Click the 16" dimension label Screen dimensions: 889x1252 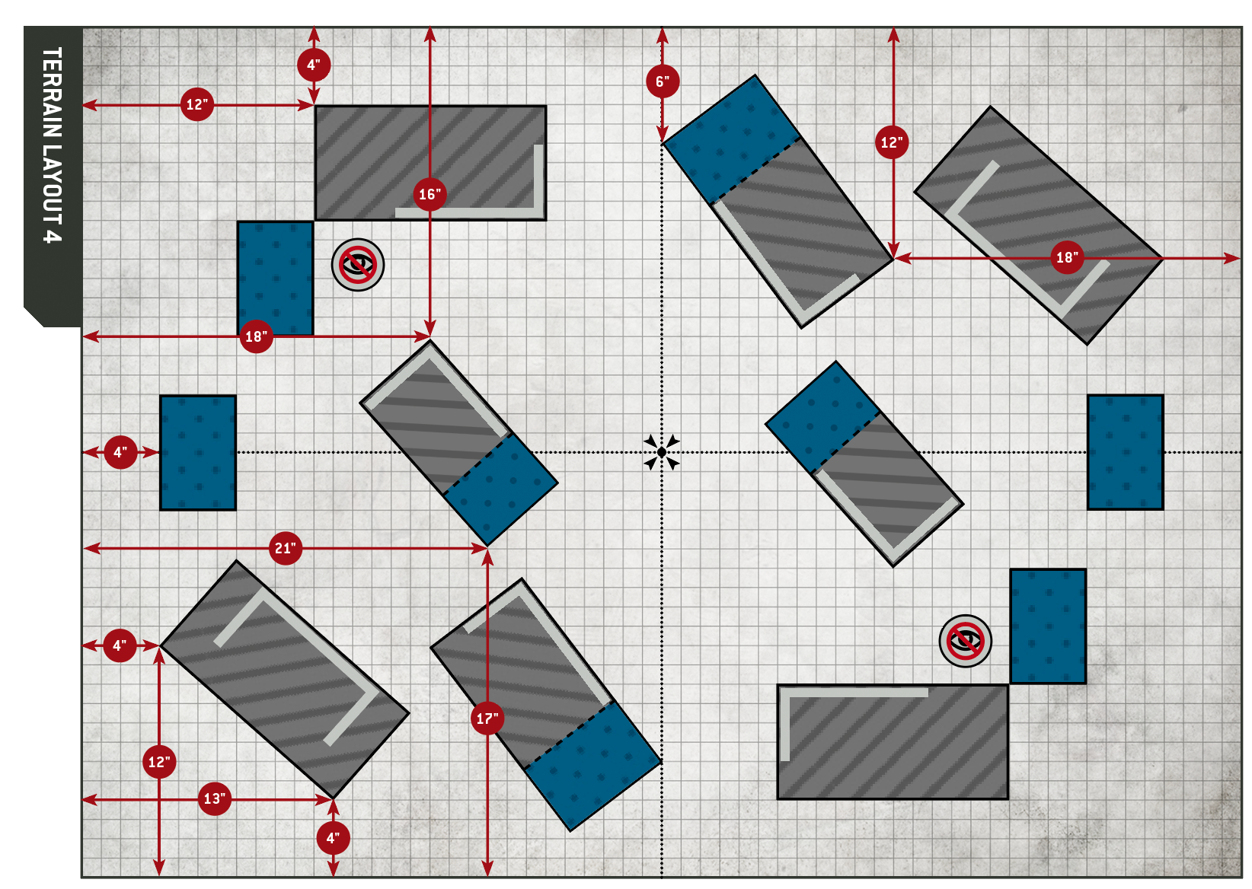(x=430, y=194)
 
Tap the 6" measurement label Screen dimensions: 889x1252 (x=662, y=81)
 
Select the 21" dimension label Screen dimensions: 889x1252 (x=286, y=548)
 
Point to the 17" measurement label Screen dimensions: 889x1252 (x=487, y=719)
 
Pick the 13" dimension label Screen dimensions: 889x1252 (x=215, y=799)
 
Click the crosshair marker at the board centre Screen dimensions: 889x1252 (x=661, y=452)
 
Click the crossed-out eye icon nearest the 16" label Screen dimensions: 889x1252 (x=358, y=265)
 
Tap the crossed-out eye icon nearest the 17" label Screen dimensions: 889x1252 (x=965, y=641)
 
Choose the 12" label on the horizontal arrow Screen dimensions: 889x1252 (x=197, y=105)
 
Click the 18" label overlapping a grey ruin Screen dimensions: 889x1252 (x=1066, y=258)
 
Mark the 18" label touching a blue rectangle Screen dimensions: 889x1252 (x=256, y=336)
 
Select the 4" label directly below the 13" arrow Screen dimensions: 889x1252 (x=333, y=838)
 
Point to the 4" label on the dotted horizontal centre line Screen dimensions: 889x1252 (x=120, y=452)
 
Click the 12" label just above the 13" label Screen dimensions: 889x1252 (x=159, y=762)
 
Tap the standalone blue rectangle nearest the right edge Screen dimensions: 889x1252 (x=1125, y=452)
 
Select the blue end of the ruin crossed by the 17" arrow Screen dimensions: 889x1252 (x=592, y=765)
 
